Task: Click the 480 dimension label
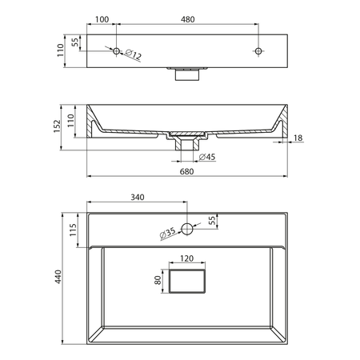click(188, 19)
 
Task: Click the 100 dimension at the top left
click(102, 19)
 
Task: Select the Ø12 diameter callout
click(133, 54)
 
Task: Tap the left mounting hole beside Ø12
click(116, 51)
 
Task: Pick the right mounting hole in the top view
click(258, 51)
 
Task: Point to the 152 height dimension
click(58, 126)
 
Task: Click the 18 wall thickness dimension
click(298, 138)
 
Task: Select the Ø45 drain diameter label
click(207, 157)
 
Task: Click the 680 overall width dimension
click(186, 171)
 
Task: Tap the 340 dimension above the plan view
click(138, 197)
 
